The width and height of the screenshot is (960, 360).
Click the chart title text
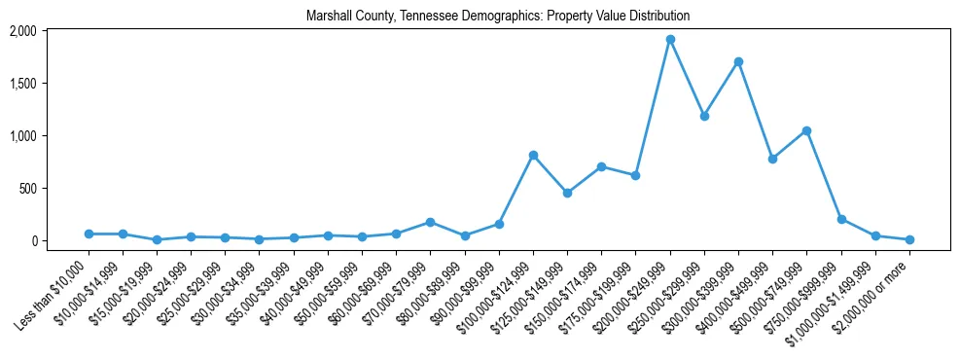tap(497, 17)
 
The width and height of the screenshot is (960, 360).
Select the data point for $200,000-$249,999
tap(670, 40)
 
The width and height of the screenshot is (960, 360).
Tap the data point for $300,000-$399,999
tap(738, 61)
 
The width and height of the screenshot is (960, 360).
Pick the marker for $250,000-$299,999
tap(704, 116)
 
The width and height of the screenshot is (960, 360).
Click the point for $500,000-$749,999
tap(806, 130)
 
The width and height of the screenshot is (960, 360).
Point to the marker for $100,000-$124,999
tap(533, 155)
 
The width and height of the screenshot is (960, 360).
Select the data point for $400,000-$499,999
tap(772, 159)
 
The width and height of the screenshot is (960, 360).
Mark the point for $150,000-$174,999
tap(601, 166)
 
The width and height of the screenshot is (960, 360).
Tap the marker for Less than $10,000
tap(89, 234)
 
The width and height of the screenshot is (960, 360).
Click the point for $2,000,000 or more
tap(909, 239)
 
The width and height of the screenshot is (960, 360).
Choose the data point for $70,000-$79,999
tap(430, 222)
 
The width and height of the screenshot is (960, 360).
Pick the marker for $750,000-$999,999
tap(841, 219)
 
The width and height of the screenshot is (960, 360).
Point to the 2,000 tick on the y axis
tap(50, 31)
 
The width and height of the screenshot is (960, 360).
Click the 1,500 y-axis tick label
tap(50, 84)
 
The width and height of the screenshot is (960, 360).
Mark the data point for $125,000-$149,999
tap(567, 193)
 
